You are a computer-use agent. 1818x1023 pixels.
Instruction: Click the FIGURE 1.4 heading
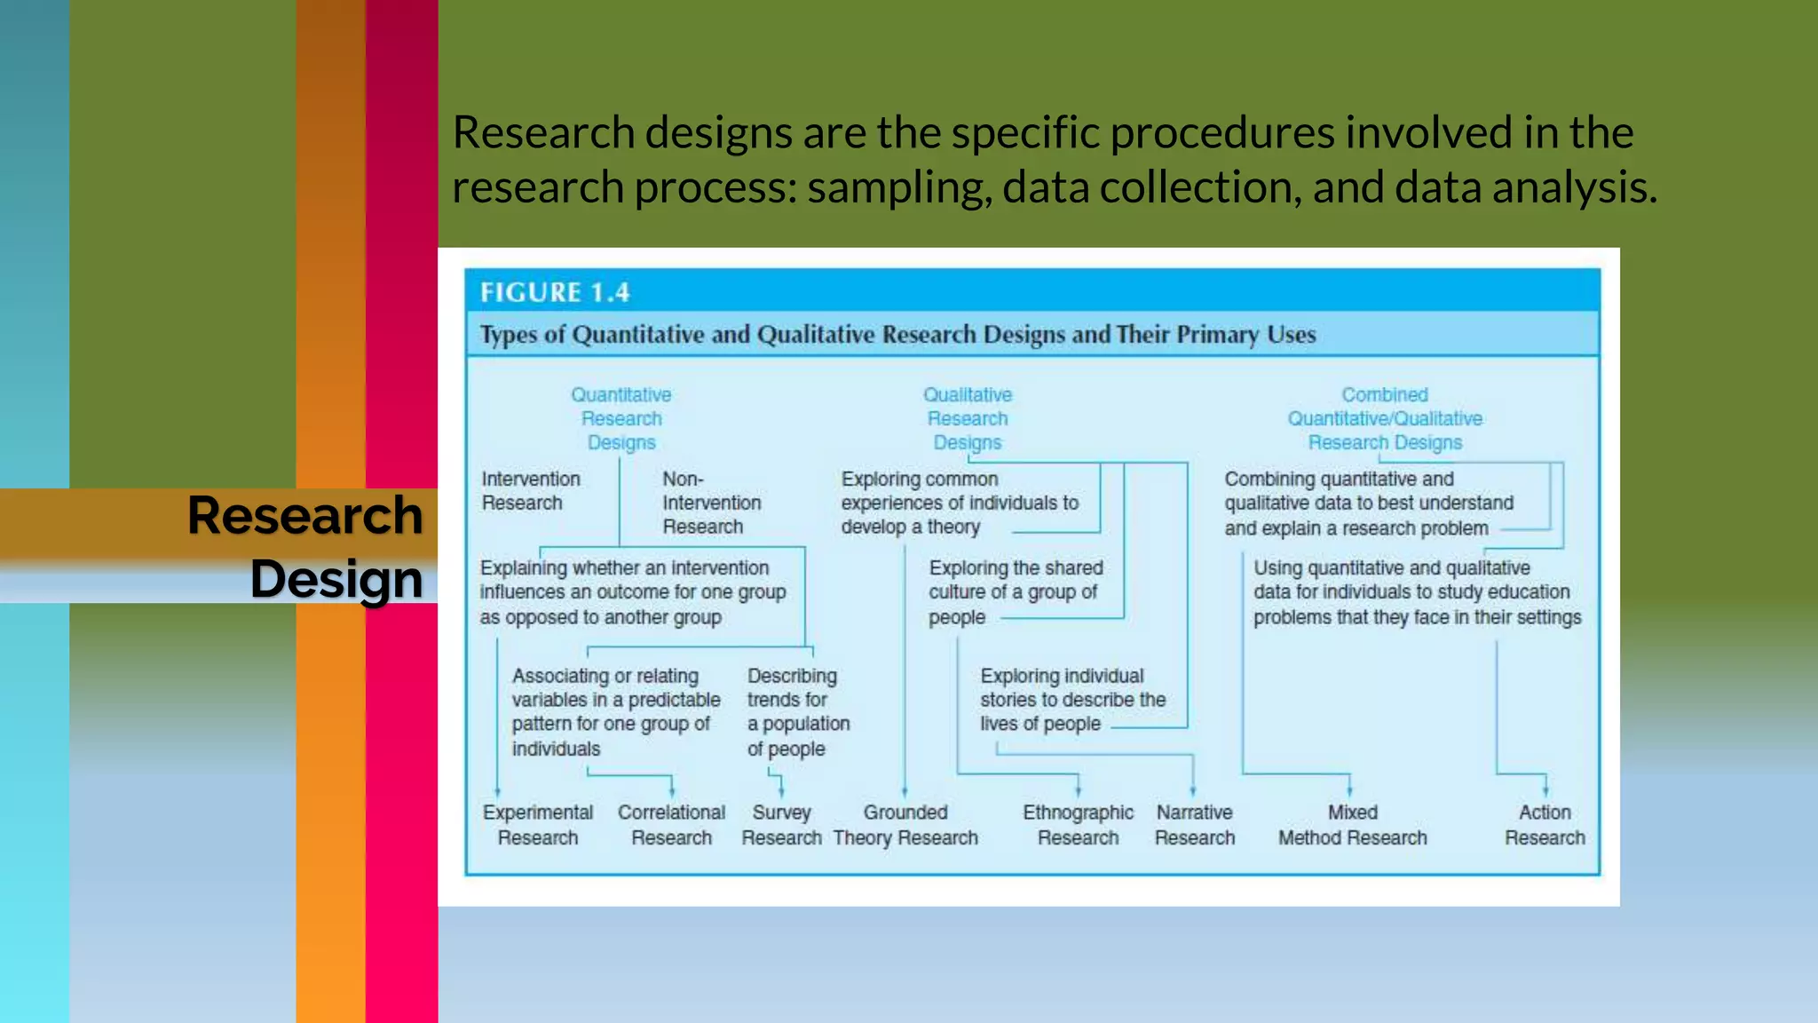coord(555,292)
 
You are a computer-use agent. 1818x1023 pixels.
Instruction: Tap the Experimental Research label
coord(538,825)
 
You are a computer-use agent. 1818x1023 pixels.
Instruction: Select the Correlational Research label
coord(671,825)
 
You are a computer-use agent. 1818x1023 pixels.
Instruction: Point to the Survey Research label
coord(781,825)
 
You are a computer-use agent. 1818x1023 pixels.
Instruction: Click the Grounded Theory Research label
coord(905,825)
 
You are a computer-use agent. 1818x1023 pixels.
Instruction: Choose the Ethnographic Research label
coord(1078,825)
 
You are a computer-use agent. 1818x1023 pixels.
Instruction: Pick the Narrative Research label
coord(1194,825)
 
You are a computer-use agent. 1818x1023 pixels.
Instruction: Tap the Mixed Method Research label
coord(1352,825)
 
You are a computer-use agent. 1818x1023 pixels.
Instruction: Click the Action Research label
coord(1545,825)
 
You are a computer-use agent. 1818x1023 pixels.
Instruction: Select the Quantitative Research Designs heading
coord(621,418)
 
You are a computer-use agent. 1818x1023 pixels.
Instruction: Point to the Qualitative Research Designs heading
coord(968,418)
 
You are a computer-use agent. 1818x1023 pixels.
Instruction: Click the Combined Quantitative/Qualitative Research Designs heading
coord(1385,418)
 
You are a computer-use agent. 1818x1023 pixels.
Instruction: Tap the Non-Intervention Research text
coord(711,503)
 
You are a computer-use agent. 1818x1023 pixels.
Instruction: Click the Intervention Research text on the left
coord(530,491)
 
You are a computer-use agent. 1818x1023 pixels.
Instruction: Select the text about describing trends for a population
coord(797,712)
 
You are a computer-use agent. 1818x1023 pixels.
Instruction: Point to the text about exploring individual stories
coord(1072,700)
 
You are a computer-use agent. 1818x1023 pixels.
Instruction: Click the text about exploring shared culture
coord(1016,591)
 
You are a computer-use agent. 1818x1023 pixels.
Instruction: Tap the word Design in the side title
coord(336,579)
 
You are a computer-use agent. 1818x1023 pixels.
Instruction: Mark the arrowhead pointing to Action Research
coord(1545,790)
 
